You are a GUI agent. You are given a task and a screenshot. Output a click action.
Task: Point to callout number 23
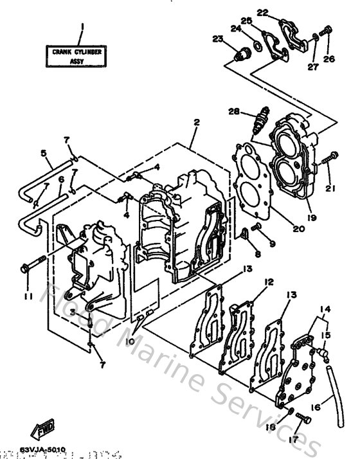coord(218,40)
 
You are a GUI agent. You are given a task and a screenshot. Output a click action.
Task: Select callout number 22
coord(262,12)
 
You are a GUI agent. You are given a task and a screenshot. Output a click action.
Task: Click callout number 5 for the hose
coord(43,154)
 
